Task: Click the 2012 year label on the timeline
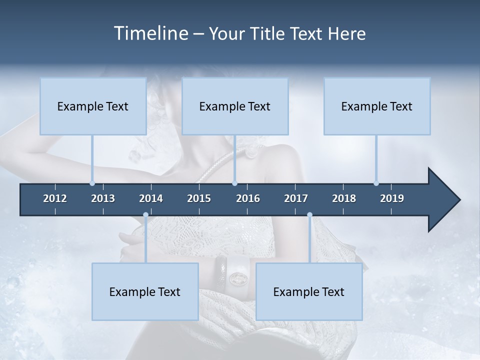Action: (55, 198)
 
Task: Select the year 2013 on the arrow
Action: (103, 198)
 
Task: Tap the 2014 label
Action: (151, 198)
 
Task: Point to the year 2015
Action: (199, 198)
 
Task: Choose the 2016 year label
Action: (248, 198)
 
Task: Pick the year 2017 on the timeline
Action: (296, 198)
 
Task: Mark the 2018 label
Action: (344, 198)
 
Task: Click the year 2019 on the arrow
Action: (392, 198)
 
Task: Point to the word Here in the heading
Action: (346, 33)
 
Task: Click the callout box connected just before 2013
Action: (93, 106)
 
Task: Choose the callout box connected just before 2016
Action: (235, 106)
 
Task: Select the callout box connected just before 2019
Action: (377, 106)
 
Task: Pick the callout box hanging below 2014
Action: (145, 291)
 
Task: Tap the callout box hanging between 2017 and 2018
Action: (309, 291)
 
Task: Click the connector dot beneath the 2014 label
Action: (145, 215)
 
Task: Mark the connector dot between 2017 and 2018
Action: (309, 215)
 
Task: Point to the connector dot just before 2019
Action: (376, 183)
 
